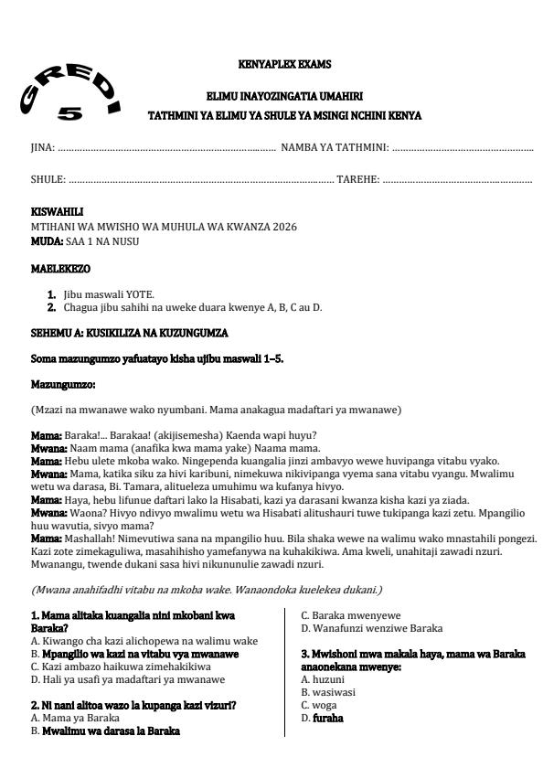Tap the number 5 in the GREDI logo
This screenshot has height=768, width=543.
click(x=69, y=115)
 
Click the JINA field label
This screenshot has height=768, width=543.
click(x=42, y=146)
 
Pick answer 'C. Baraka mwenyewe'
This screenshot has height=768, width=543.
click(x=351, y=614)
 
